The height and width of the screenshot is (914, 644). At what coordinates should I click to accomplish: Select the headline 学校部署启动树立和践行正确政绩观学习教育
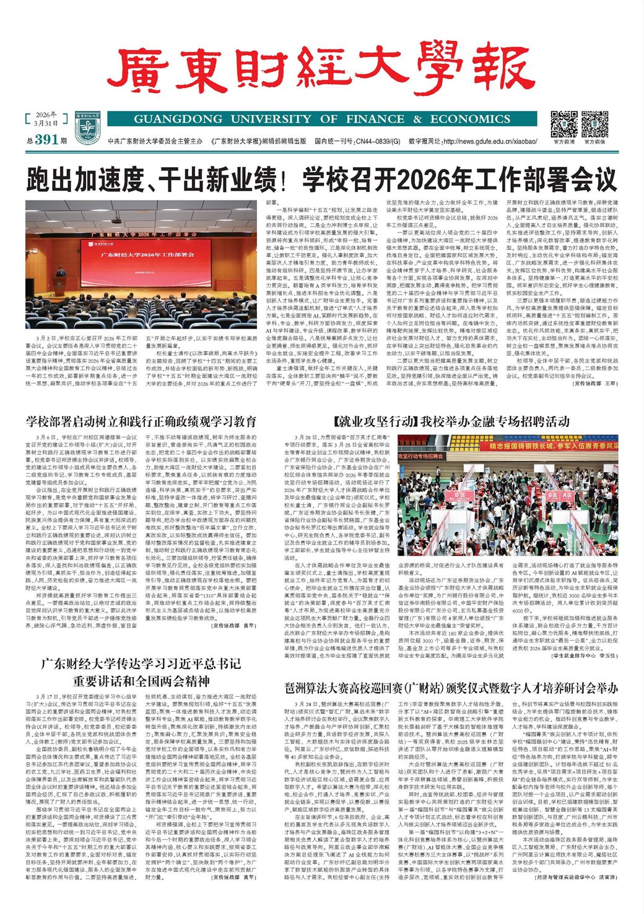coord(141,422)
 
